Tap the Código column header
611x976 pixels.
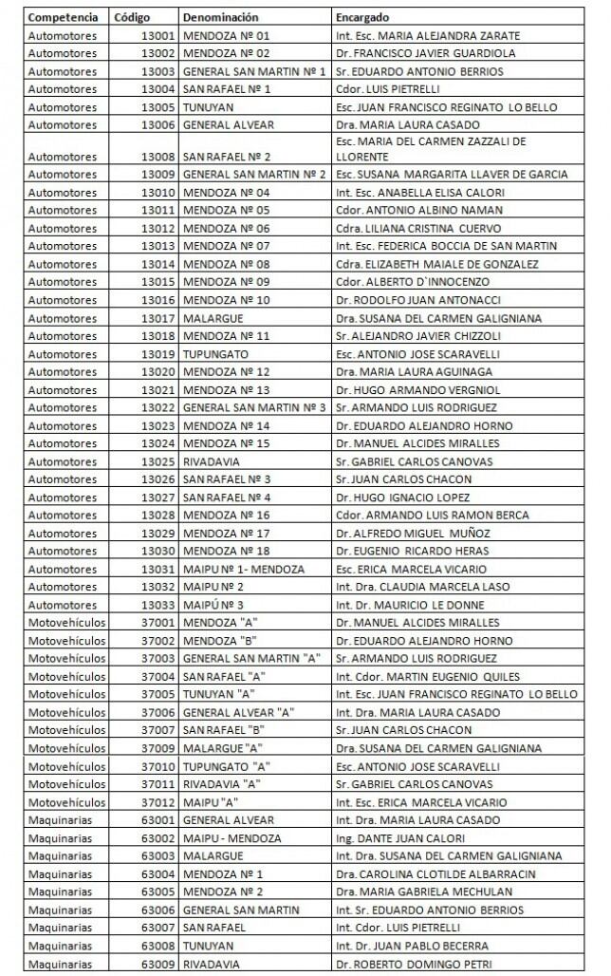coord(131,18)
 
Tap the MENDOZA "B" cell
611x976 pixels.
coord(220,641)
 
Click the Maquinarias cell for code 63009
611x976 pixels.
coord(62,965)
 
